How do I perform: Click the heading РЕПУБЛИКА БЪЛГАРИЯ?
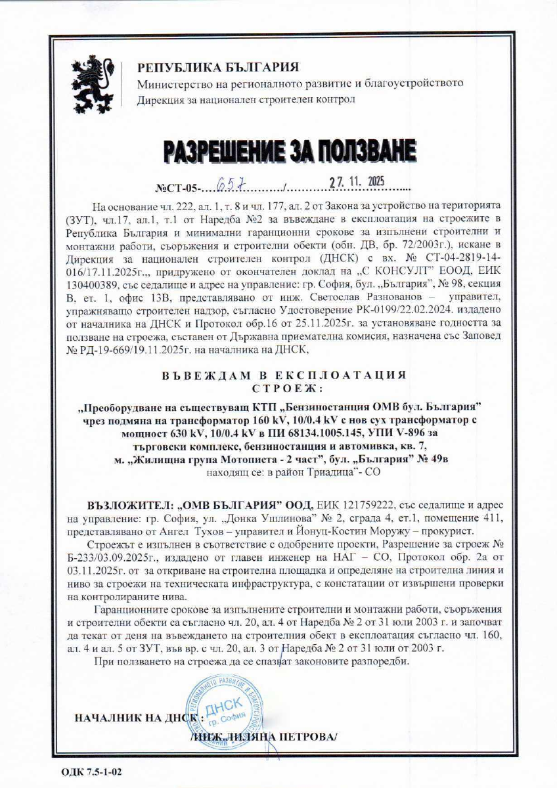click(x=217, y=67)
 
